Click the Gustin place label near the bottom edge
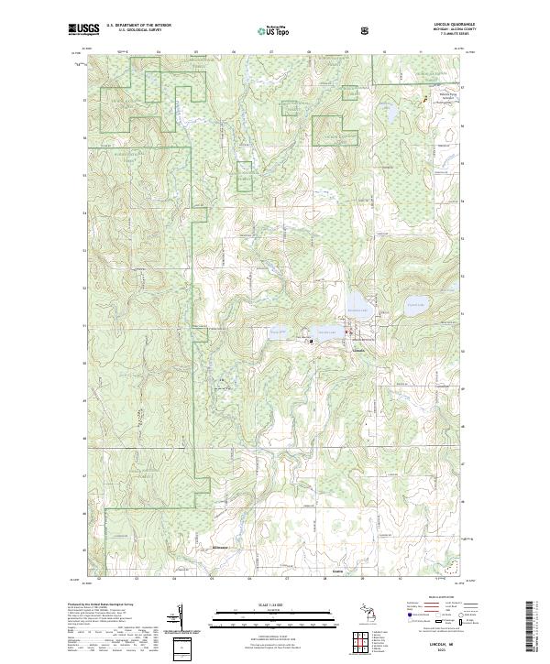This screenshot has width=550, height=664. point(336,576)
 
